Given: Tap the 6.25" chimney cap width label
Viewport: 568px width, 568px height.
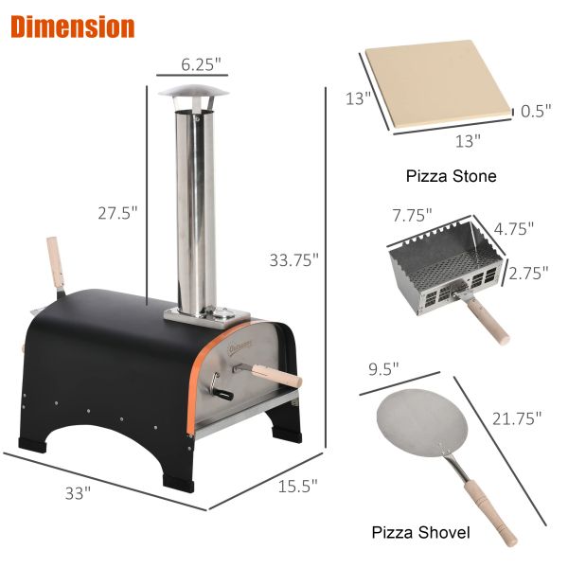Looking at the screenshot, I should pos(201,65).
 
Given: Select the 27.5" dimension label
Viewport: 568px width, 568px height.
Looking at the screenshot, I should pos(119,214).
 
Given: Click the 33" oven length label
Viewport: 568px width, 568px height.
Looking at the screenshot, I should pos(78,492).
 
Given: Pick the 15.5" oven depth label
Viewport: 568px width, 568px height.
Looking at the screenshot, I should pos(297,486).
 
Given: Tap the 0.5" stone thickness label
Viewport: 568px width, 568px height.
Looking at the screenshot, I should pos(535,111).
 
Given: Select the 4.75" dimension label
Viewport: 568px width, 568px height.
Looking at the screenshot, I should pos(515,228).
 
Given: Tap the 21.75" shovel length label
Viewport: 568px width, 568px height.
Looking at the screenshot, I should pos(516,417).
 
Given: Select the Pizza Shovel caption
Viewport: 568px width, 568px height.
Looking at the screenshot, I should pos(420,533).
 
